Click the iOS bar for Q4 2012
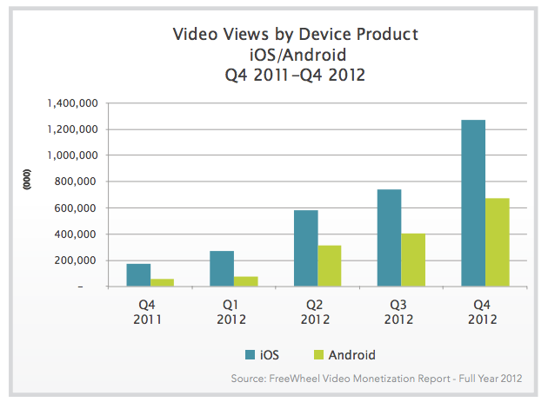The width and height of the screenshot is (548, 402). coord(473,203)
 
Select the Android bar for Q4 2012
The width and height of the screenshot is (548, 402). coord(497,242)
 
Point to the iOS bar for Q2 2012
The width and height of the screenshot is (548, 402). coord(305,248)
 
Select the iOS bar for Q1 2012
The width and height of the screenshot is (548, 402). coord(223,268)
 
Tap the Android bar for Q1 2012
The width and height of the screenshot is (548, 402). coord(246,281)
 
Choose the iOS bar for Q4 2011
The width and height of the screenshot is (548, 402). coord(138,275)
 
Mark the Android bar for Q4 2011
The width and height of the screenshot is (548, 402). coord(162,282)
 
